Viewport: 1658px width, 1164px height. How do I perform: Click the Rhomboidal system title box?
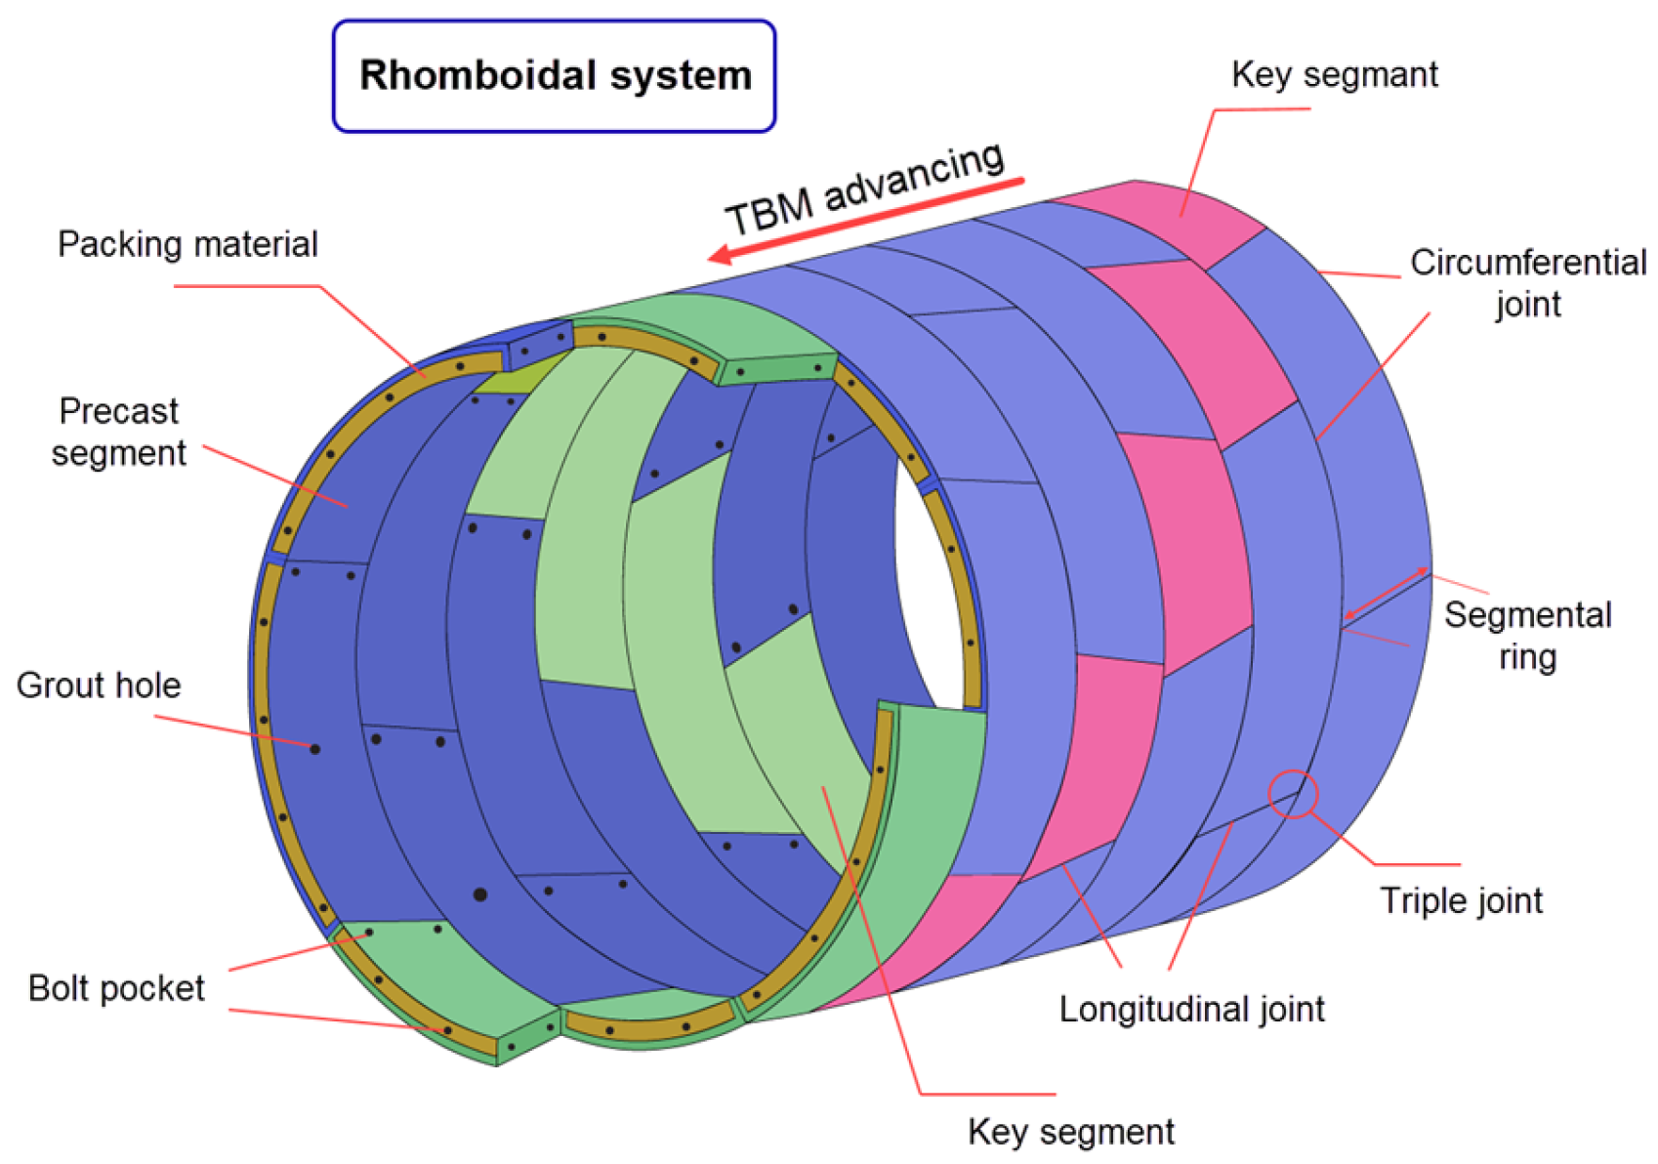[x=554, y=76]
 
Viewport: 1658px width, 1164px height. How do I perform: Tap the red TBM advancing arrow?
[x=869, y=220]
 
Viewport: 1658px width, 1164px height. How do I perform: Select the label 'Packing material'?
[x=187, y=244]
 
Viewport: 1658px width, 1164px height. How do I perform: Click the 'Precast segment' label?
[x=119, y=432]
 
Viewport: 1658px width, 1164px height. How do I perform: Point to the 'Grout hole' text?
[x=99, y=686]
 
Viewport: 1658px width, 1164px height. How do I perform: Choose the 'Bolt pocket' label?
[x=116, y=988]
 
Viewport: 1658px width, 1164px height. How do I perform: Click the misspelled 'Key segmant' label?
[x=1334, y=75]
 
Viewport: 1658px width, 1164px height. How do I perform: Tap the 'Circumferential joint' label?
[x=1527, y=282]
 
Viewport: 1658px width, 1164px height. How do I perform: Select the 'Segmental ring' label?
[x=1527, y=636]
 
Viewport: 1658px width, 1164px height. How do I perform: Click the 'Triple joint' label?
[x=1461, y=900]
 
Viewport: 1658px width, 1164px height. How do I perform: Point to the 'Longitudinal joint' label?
[x=1191, y=1009]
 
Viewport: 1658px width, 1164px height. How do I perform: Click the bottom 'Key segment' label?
[x=1070, y=1132]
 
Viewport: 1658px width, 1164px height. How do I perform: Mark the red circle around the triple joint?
[x=1293, y=794]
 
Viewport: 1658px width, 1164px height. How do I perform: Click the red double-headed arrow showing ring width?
[x=1387, y=593]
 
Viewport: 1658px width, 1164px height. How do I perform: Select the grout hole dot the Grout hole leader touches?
[x=314, y=749]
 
